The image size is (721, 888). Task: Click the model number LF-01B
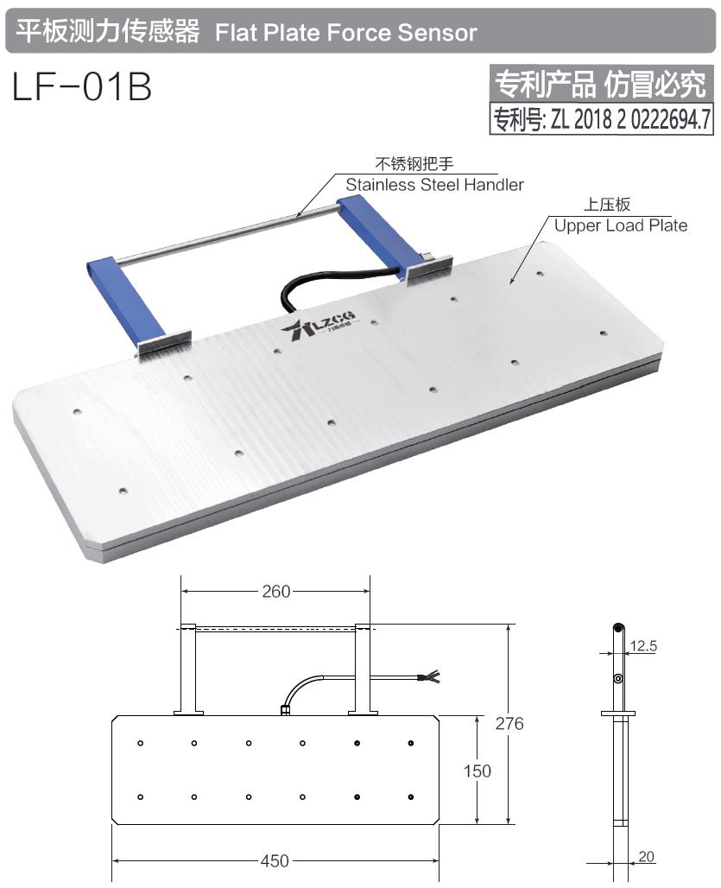click(x=82, y=86)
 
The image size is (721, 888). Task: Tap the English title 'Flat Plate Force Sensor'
click(x=345, y=33)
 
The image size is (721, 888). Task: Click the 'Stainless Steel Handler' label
click(x=434, y=185)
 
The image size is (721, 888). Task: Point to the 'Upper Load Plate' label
click(x=620, y=225)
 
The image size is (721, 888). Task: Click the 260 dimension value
click(x=275, y=592)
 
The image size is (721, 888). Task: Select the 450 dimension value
click(x=275, y=861)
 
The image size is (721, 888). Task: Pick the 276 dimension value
click(x=509, y=724)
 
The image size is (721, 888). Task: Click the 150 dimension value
click(x=477, y=771)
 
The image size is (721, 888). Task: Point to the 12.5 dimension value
click(x=643, y=645)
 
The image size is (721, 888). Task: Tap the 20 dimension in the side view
click(x=647, y=857)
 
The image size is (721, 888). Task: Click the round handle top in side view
click(x=617, y=629)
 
